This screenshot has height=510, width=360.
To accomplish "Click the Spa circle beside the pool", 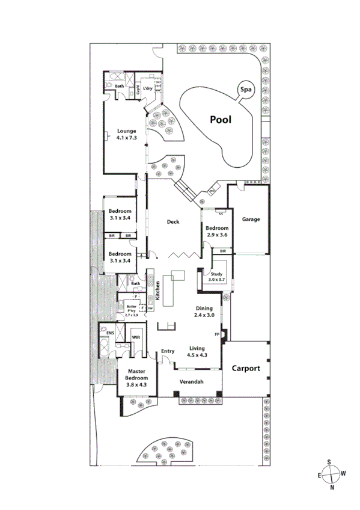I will tap(245, 90).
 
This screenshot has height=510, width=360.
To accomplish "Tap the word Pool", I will tap(221, 119).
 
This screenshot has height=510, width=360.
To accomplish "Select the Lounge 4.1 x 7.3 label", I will tap(127, 134).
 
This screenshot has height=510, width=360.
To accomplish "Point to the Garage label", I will tap(251, 220).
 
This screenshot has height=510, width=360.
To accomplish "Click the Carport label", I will tap(246, 368).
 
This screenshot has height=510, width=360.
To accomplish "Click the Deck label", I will tap(173, 222).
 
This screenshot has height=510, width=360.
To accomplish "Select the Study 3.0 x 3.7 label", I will tap(216, 277).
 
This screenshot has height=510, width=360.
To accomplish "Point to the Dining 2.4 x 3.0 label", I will tap(204, 311).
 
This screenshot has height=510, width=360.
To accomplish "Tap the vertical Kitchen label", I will tap(157, 291).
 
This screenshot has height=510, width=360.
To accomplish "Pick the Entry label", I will tap(167, 351).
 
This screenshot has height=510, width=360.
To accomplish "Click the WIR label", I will tap(136, 338).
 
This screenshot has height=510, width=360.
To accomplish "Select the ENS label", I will tap(111, 333).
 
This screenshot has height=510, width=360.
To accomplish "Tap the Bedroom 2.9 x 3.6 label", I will tap(216, 232).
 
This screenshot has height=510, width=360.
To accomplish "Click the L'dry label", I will tap(147, 89).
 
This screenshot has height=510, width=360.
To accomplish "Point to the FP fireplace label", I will tap(216, 334).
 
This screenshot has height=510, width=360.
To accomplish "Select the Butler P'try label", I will tap(132, 310).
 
